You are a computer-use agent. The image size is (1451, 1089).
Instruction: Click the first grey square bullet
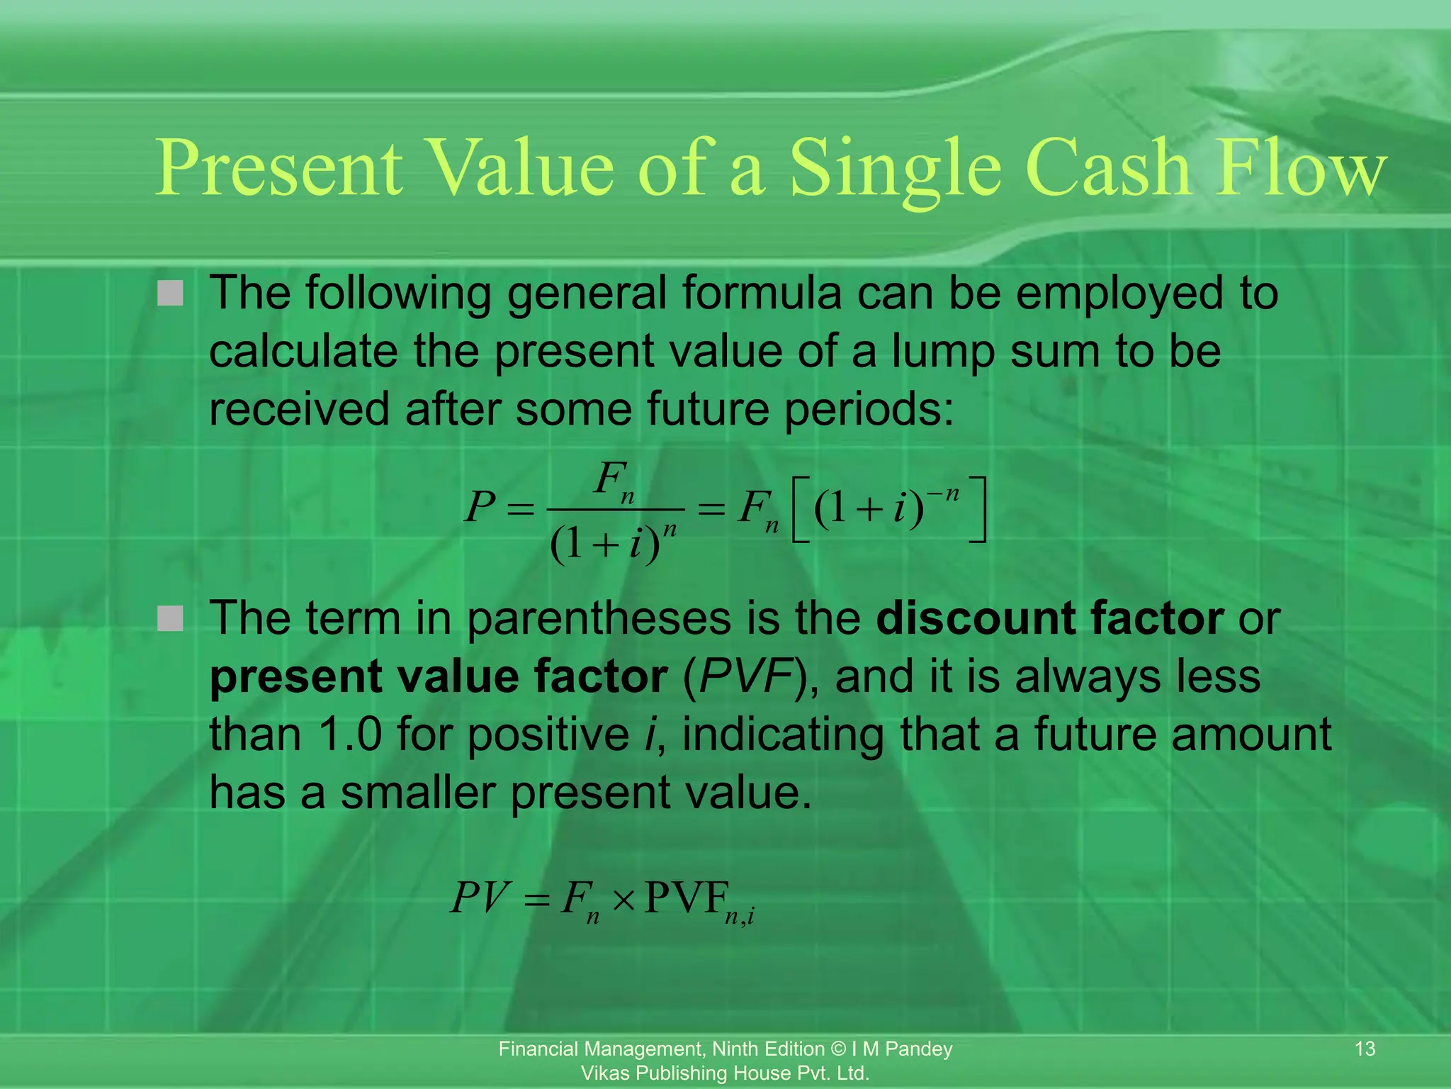click(170, 293)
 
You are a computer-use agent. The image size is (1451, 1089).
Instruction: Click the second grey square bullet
click(170, 618)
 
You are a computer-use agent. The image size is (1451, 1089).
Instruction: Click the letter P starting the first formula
click(480, 508)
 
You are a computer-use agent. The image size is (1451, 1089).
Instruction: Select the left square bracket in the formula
click(801, 509)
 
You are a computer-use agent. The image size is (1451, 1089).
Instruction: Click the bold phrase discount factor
click(1049, 618)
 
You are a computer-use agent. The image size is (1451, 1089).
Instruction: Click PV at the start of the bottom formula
click(480, 898)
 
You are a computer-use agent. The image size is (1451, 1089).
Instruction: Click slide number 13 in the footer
click(1364, 1048)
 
